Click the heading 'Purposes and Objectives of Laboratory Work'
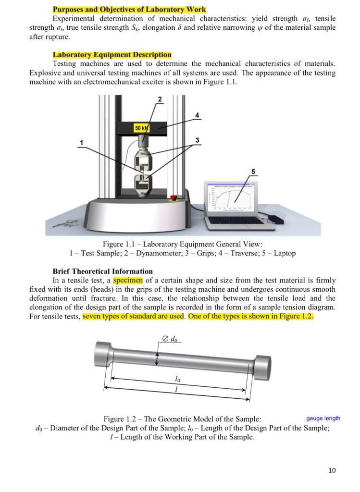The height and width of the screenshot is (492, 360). point(129,10)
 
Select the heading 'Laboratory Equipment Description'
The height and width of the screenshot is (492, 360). point(112,55)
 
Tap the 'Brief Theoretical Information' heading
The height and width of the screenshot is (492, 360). point(102,271)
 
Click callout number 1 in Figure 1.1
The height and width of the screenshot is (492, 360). point(82,142)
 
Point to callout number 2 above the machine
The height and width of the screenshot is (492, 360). point(160,99)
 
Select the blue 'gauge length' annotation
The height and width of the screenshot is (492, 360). point(323,418)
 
